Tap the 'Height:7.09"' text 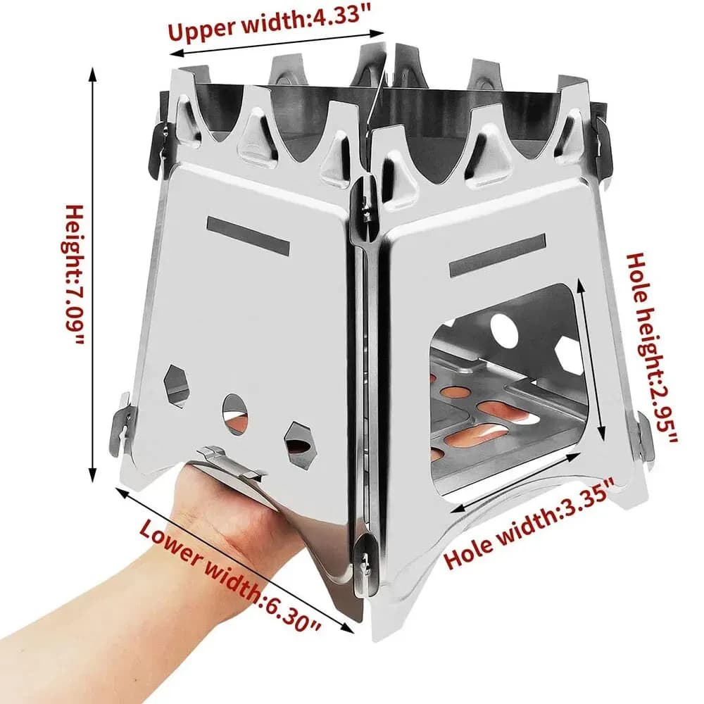[75, 275]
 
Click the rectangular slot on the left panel [249, 236]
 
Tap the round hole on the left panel [234, 408]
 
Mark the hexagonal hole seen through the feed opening [569, 356]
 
